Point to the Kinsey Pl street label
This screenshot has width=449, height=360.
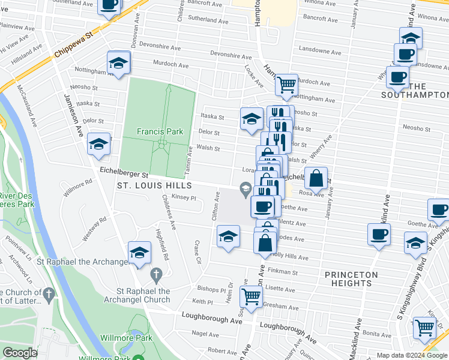click(x=184, y=197)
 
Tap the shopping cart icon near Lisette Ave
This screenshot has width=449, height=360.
click(x=251, y=296)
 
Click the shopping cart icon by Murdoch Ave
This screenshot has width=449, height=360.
click(x=287, y=85)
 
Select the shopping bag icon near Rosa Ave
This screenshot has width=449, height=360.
click(x=316, y=178)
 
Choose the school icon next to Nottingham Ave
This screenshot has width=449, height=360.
click(x=119, y=62)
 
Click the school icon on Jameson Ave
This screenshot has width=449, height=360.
click(x=98, y=144)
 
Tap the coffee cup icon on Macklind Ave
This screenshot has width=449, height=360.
click(x=379, y=234)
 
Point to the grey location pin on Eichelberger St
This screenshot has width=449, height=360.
click(x=245, y=191)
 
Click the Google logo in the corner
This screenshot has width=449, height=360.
click(x=20, y=353)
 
